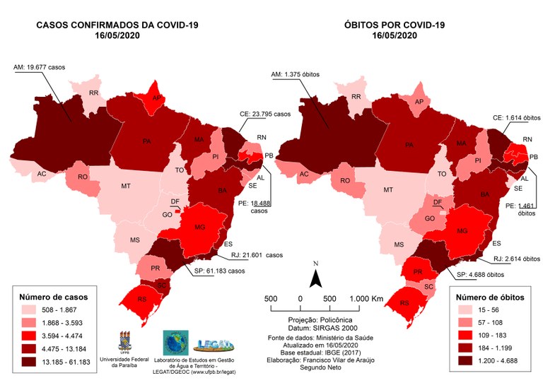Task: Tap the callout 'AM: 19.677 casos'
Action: click(45, 69)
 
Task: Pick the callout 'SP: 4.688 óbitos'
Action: click(482, 275)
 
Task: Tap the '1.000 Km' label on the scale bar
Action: click(366, 299)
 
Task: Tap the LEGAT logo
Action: click(213, 344)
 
